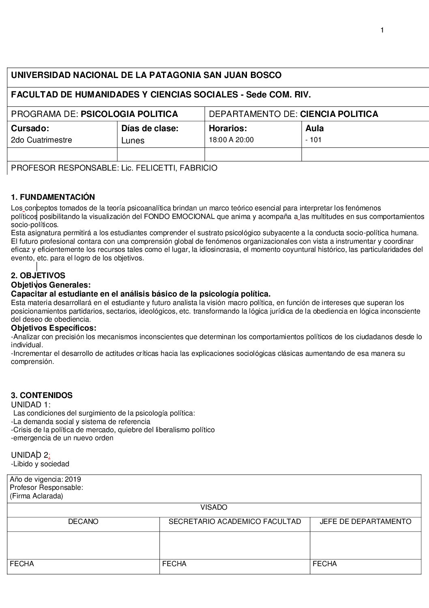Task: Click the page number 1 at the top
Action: point(382,30)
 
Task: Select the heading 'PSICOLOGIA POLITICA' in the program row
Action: point(129,114)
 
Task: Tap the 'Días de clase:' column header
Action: point(150,129)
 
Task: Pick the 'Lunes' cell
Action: point(133,141)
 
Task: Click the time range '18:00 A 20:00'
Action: point(231,140)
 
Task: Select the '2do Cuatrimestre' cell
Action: point(41,140)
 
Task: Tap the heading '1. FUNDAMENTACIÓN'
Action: point(53,197)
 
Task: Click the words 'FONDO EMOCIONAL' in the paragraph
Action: point(179,216)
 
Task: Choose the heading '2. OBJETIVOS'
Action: point(38,276)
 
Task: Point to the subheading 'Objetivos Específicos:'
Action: point(54,328)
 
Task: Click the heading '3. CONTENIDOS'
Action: point(42,395)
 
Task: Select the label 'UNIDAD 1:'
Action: point(31,405)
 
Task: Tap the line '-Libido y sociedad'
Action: point(40,464)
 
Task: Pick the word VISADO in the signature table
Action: point(214,507)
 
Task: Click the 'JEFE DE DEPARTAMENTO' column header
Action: point(365,521)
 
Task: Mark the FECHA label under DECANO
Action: point(22,564)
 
